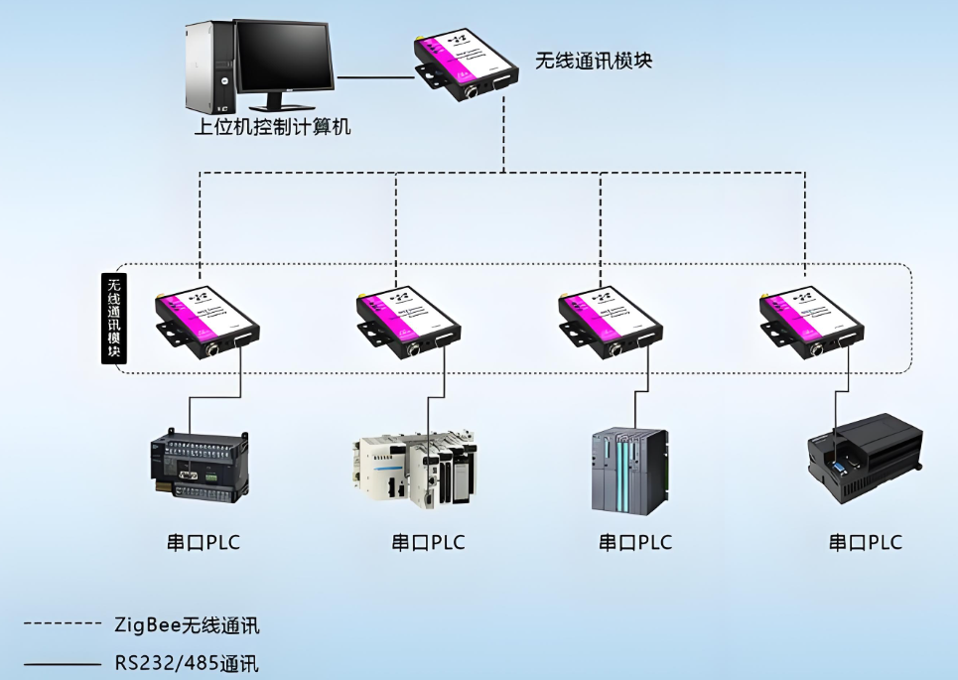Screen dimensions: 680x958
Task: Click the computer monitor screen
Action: point(284,59)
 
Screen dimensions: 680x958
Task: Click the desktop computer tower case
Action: point(207,68)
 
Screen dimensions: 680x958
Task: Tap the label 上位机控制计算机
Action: point(272,127)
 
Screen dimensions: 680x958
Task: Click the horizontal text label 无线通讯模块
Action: point(594,61)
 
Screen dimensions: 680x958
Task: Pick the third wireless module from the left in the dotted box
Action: point(610,321)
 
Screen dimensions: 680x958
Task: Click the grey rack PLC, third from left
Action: point(629,470)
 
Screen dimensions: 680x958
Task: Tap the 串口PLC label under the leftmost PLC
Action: point(203,543)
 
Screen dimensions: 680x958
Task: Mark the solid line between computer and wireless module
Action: point(374,76)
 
